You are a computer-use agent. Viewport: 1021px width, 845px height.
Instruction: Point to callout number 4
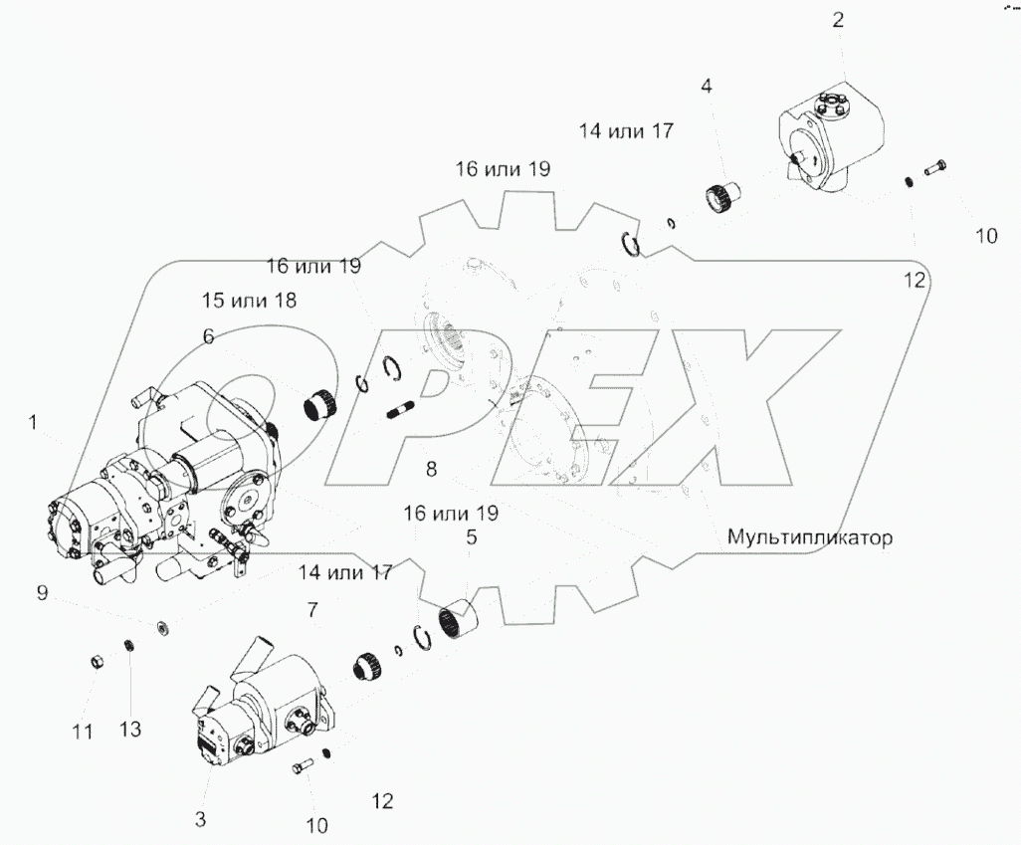coord(707,87)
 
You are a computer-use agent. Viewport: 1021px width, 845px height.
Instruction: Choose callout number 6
coord(208,337)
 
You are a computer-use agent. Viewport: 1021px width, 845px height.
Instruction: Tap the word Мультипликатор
coord(809,537)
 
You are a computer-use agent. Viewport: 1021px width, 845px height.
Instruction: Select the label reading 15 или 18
coord(250,300)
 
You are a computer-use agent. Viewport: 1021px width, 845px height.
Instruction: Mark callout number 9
coord(42,593)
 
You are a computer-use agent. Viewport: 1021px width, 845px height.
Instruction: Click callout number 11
coord(83,732)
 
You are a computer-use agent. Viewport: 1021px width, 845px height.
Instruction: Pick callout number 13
coord(130,730)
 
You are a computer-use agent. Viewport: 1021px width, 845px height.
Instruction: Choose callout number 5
coord(472,537)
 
